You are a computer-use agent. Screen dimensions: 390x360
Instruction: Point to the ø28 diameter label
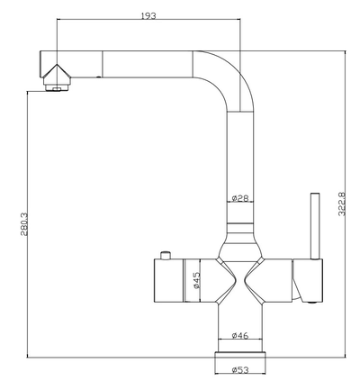pos(239,198)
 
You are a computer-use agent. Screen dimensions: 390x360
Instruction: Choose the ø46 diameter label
pos(239,336)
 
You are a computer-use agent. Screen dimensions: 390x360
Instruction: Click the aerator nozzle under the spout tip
pos(57,86)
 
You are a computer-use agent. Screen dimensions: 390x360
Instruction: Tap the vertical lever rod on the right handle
pos(314,225)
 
